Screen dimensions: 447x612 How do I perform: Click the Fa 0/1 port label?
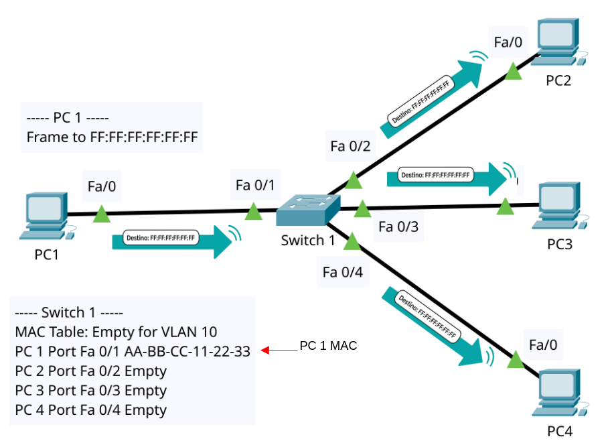click(255, 184)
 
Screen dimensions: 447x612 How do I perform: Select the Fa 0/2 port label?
click(350, 145)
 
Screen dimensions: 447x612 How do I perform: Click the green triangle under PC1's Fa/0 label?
click(102, 214)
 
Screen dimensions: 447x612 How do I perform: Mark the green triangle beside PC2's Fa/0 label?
click(513, 72)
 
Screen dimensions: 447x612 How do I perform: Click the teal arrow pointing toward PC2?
click(436, 92)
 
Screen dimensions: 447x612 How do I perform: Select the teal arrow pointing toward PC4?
click(435, 326)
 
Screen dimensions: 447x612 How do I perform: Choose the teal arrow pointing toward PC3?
click(449, 177)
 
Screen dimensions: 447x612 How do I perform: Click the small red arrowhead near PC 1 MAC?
click(265, 350)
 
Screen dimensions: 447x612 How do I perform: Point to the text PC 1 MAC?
click(328, 346)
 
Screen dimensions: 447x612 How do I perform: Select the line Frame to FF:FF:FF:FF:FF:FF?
click(112, 137)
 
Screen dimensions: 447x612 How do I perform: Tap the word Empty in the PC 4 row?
click(145, 409)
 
